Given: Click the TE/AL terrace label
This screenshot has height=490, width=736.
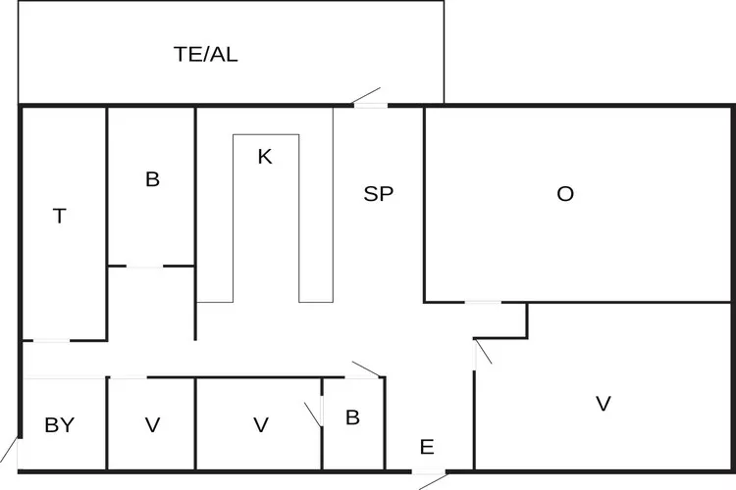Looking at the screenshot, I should pyautogui.click(x=205, y=54).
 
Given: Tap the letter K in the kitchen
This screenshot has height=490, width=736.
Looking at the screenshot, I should pyautogui.click(x=264, y=156).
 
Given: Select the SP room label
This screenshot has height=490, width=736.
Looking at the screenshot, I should pyautogui.click(x=379, y=194).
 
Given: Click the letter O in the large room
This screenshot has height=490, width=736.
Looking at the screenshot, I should pyautogui.click(x=565, y=194).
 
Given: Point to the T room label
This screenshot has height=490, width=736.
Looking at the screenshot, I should pyautogui.click(x=59, y=217).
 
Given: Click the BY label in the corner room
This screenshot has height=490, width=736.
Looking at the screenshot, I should pyautogui.click(x=59, y=425).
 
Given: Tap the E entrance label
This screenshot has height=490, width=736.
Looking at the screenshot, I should pyautogui.click(x=427, y=448).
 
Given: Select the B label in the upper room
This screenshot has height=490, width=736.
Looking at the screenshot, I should pyautogui.click(x=152, y=179).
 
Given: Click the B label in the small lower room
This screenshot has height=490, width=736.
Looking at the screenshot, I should pyautogui.click(x=352, y=417).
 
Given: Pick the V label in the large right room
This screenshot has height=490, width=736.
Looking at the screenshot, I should pyautogui.click(x=604, y=403).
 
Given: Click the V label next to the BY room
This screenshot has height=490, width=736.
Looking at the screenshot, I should pyautogui.click(x=152, y=425).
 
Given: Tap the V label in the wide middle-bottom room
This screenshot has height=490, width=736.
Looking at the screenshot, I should pyautogui.click(x=260, y=425).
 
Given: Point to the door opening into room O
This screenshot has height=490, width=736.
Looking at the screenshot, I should pyautogui.click(x=482, y=303).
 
